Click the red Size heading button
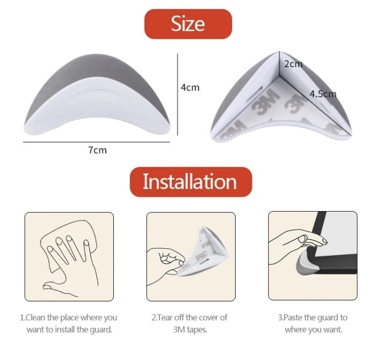[x=188, y=24]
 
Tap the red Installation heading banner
[x=191, y=182]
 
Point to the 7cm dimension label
[x=97, y=150]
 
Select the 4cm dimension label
[x=190, y=88]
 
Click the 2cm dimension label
[x=293, y=64]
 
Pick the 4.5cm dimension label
[x=323, y=94]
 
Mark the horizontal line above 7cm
[x=97, y=142]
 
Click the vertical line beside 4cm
[x=177, y=95]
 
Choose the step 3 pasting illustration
[x=313, y=256]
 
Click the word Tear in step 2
[x=165, y=318]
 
